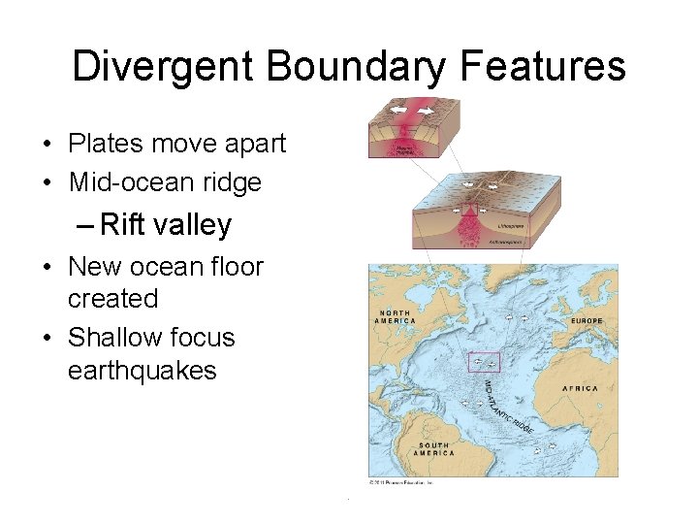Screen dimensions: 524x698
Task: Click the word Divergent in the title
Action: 161,67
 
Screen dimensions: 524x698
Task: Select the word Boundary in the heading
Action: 356,67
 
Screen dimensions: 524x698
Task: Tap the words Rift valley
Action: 166,225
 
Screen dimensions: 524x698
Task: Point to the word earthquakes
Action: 142,370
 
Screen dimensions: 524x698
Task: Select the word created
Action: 111,299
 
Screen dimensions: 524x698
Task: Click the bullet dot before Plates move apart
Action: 47,145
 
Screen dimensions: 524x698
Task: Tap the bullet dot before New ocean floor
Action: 47,267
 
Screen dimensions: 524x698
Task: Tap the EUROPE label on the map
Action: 586,320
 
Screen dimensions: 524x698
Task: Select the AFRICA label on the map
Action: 580,388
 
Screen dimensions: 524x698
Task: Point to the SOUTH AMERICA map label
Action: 432,448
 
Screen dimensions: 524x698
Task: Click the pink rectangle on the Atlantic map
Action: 484,362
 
